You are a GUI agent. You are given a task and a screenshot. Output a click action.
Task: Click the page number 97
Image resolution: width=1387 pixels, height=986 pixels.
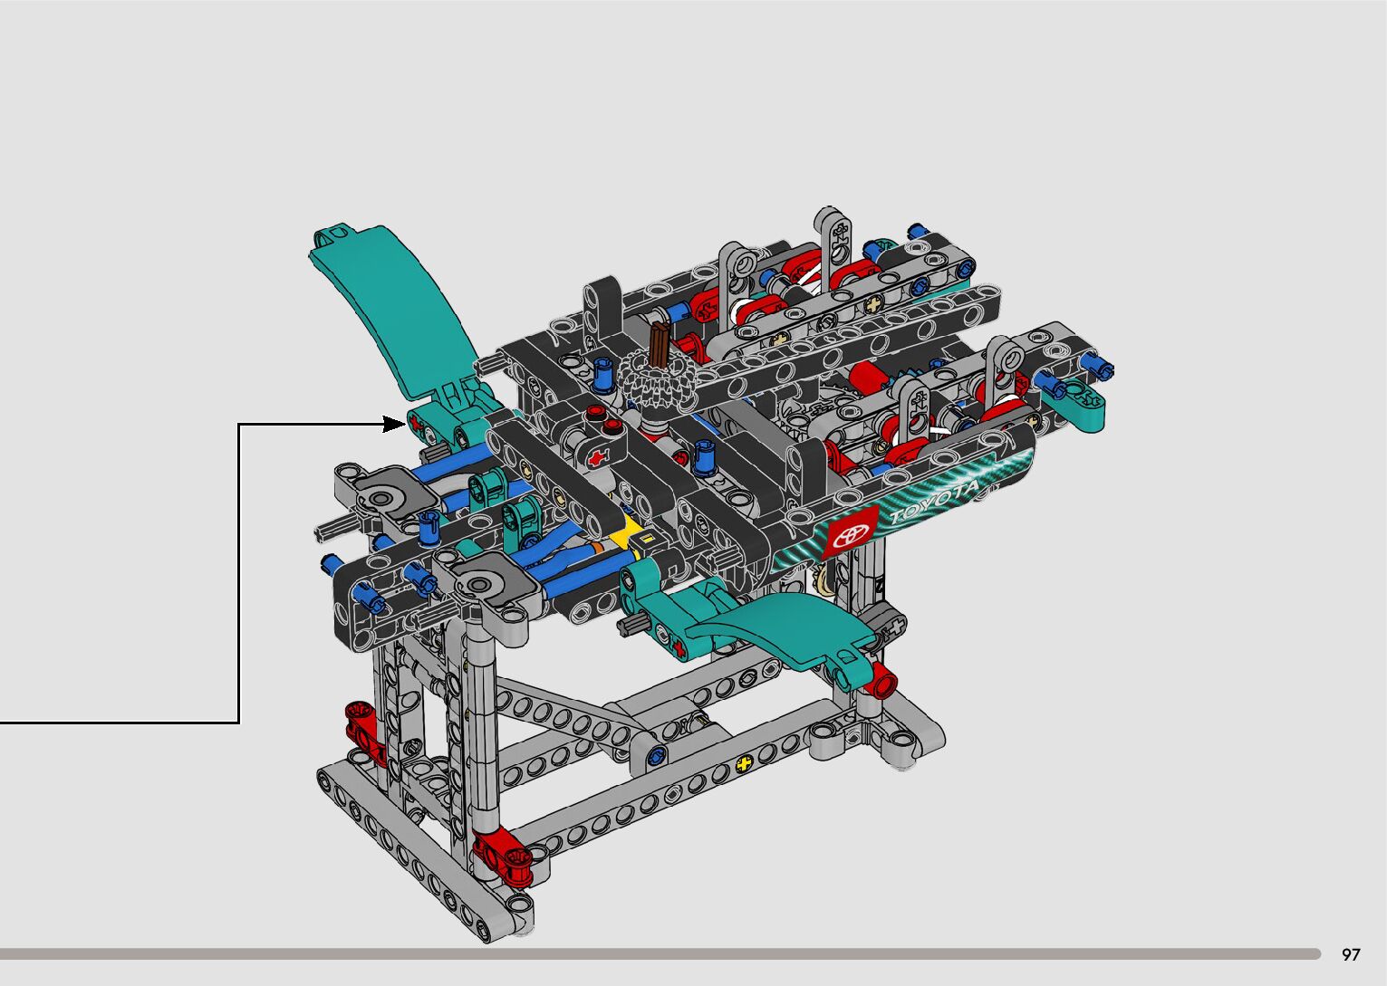1351,953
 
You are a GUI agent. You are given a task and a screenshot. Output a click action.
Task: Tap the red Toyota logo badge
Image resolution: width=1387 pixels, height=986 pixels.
851,532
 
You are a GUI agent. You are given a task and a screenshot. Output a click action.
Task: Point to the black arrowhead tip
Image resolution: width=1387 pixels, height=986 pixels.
406,424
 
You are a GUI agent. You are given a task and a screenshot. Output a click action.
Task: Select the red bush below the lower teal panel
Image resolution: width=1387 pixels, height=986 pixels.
883,680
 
